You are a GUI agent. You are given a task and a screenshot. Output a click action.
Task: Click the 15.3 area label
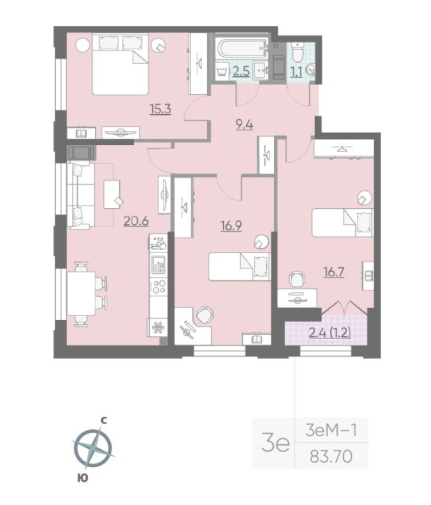point(161,108)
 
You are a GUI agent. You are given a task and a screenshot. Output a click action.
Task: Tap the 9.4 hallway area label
point(246,123)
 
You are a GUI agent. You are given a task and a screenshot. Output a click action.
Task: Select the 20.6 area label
point(137,220)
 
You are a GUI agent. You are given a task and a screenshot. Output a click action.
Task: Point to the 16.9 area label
point(231,226)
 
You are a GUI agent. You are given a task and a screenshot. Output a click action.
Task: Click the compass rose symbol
point(92,447)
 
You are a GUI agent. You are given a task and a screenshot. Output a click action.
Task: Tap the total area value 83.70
point(330,457)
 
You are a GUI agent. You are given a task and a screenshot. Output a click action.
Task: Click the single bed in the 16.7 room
point(343,222)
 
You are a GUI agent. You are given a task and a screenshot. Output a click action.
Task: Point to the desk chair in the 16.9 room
point(205,314)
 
